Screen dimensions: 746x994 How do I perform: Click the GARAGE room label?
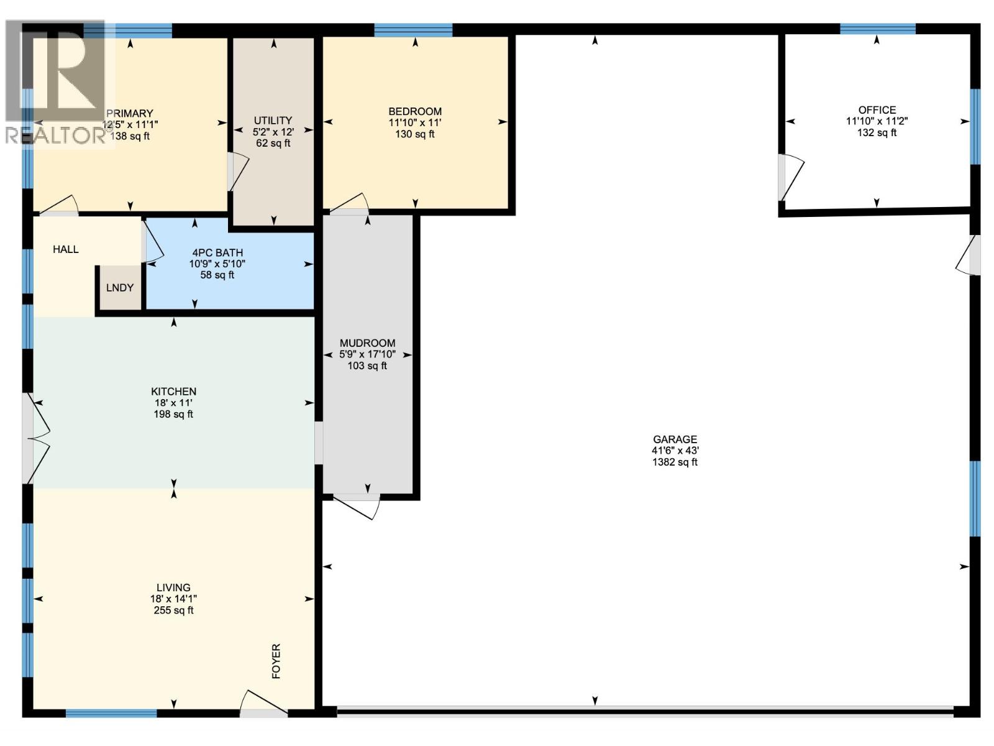(675, 440)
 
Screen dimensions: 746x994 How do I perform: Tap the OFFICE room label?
(877, 110)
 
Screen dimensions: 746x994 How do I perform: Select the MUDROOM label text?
(367, 343)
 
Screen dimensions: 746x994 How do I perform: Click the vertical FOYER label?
(276, 661)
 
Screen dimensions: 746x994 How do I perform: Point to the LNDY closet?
(120, 288)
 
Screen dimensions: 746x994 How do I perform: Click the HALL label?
(66, 249)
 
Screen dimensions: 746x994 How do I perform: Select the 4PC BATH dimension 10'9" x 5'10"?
(217, 264)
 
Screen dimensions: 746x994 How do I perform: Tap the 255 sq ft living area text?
(173, 610)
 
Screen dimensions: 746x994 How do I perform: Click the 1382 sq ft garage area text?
(675, 462)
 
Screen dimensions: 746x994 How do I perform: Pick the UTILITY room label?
(273, 121)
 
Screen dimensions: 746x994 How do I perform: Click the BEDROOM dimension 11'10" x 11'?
(414, 122)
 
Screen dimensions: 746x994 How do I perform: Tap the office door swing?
(791, 177)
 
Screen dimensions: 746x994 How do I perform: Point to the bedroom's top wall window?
(413, 29)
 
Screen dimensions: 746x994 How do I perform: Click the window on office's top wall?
(877, 29)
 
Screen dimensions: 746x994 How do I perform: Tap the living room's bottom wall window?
(111, 713)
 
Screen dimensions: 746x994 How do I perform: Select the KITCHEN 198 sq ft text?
(173, 414)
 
